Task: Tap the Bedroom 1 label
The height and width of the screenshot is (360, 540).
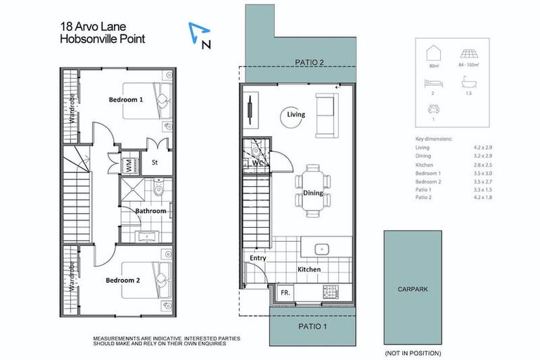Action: point(126,100)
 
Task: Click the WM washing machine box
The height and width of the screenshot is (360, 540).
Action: point(129,167)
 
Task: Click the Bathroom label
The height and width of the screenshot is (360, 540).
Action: point(150,211)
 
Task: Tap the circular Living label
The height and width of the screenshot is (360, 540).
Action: point(296,115)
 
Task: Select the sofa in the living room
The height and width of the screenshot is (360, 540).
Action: point(326,115)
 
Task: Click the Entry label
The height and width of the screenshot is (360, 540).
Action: point(258,258)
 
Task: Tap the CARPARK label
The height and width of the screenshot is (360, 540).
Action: point(411,288)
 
